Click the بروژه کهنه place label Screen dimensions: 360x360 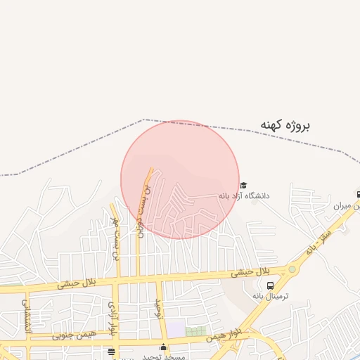[x=285, y=125]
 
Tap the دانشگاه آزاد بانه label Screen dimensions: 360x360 [x=243, y=195]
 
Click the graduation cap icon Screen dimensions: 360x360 [x=243, y=185]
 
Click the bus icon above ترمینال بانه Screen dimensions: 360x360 [x=271, y=285]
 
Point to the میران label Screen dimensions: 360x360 [x=342, y=206]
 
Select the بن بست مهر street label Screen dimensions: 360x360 [x=115, y=239]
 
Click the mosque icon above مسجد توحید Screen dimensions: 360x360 [x=164, y=347]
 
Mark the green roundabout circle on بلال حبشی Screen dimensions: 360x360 [x=292, y=269]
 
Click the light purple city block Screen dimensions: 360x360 [x=176, y=328]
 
